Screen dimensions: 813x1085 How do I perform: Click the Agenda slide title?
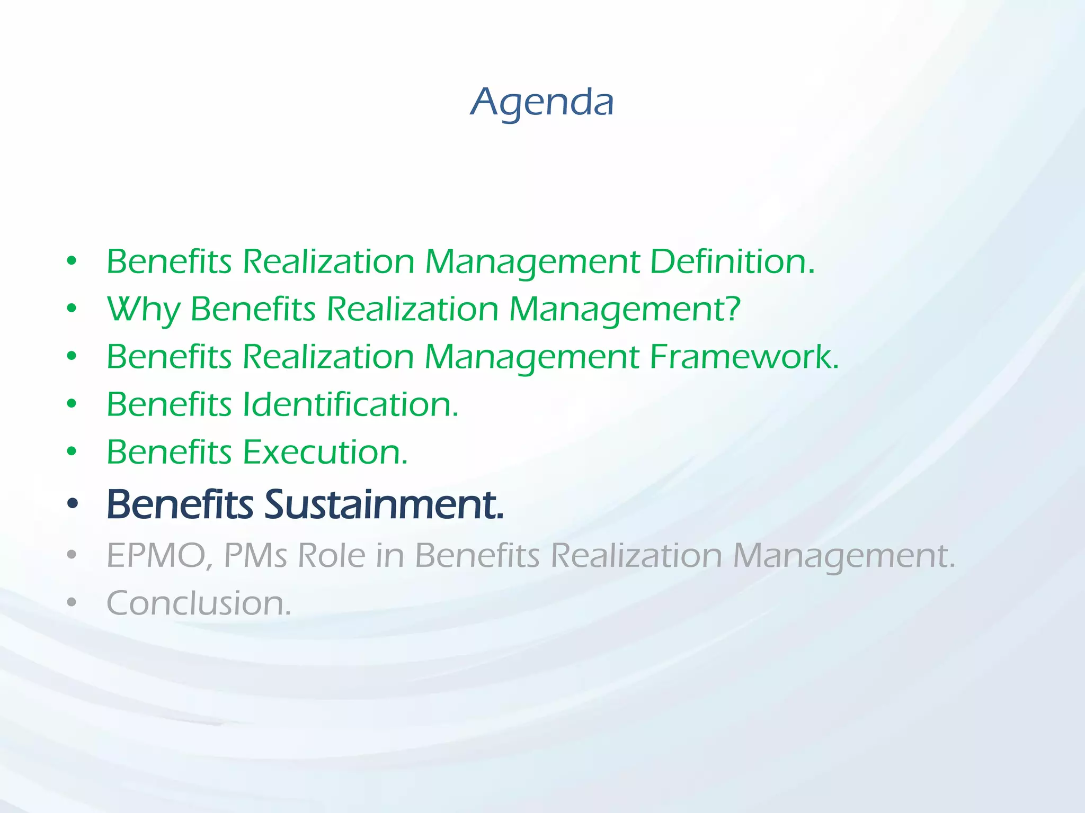pyautogui.click(x=542, y=102)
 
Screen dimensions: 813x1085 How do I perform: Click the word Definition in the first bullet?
pyautogui.click(x=732, y=261)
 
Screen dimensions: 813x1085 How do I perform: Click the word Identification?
pyautogui.click(x=350, y=404)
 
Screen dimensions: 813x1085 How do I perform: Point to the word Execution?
pyautogui.click(x=325, y=453)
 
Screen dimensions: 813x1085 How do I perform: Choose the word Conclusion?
pyautogui.click(x=199, y=603)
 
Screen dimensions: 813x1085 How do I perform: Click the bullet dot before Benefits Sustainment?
pyautogui.click(x=73, y=504)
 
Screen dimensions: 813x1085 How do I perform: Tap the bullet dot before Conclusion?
pyautogui.click(x=72, y=602)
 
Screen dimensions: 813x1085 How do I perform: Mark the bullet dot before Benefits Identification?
pyautogui.click(x=72, y=404)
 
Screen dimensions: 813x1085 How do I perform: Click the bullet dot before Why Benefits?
pyautogui.click(x=72, y=308)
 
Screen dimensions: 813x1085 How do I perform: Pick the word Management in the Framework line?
pyautogui.click(x=532, y=358)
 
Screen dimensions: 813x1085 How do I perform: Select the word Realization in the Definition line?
pyautogui.click(x=328, y=261)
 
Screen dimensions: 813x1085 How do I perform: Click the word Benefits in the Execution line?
pyautogui.click(x=169, y=453)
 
